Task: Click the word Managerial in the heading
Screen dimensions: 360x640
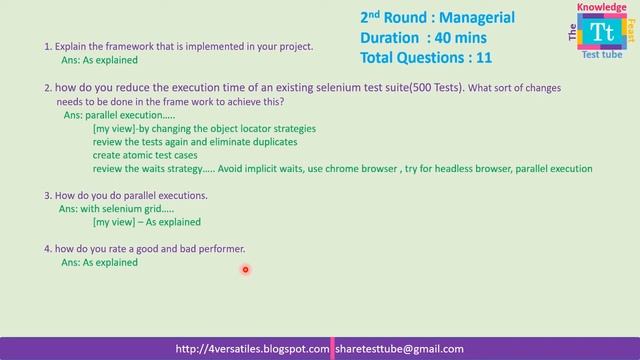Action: pos(473,18)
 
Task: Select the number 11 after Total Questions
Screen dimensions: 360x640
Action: pos(482,58)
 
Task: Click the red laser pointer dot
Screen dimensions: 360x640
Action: pos(245,268)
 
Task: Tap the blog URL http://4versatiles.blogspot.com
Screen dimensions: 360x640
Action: pos(252,349)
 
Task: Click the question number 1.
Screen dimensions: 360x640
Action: pos(47,46)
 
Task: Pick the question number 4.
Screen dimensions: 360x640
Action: pos(47,248)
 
